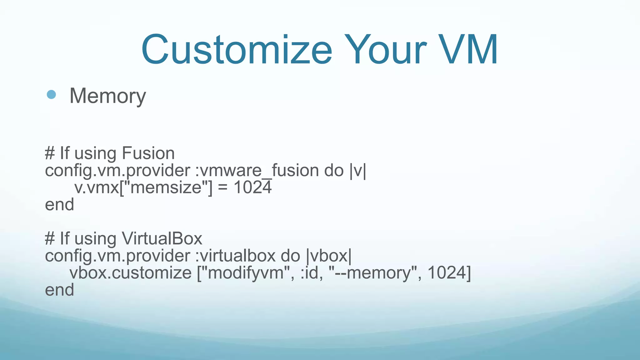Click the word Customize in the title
tap(237, 50)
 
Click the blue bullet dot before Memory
tap(51, 94)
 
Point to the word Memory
tap(107, 96)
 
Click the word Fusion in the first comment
tap(148, 153)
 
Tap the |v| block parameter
tap(358, 171)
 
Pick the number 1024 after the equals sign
tap(252, 188)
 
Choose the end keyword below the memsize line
tap(59, 205)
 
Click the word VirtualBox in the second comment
tap(162, 239)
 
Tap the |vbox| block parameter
tap(329, 256)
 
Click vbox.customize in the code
tap(130, 273)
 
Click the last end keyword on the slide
tap(59, 290)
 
